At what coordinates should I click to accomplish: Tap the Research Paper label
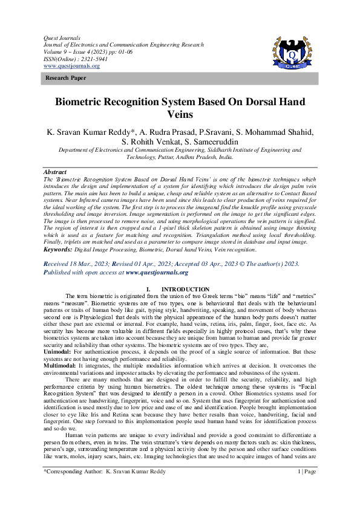point(61,80)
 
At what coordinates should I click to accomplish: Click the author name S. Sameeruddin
point(207,142)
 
